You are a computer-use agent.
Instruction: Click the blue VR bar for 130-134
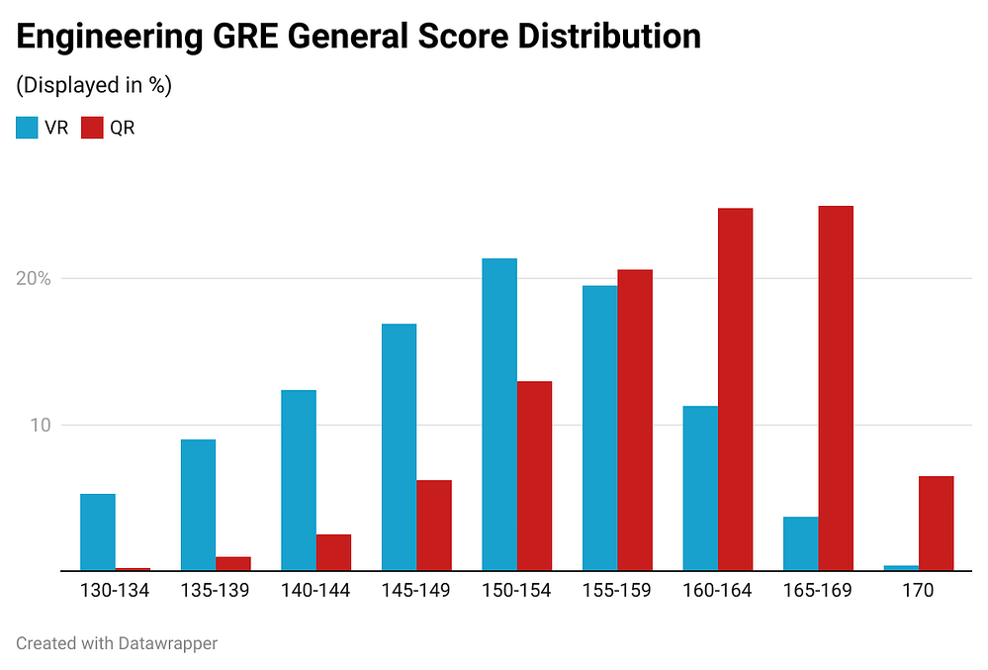point(98,532)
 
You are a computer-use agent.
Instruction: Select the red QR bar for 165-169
point(836,388)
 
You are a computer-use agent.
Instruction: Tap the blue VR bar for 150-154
point(499,415)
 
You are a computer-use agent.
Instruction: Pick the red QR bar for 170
point(936,524)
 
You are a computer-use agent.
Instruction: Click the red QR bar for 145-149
point(434,526)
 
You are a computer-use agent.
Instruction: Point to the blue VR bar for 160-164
point(700,488)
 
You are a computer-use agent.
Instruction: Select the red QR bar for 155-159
point(635,420)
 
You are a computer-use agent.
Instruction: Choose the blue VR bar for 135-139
point(198,505)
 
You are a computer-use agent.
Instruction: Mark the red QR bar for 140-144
point(333,552)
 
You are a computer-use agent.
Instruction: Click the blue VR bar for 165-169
point(801,543)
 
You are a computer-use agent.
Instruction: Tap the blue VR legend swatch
point(28,128)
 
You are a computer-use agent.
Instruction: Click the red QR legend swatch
point(92,128)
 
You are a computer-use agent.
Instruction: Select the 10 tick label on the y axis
point(40,426)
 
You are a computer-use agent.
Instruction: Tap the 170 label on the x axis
point(918,591)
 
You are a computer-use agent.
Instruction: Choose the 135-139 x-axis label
point(215,591)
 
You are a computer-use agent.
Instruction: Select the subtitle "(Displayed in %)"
point(94,86)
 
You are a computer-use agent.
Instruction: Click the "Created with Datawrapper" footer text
point(117,643)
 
